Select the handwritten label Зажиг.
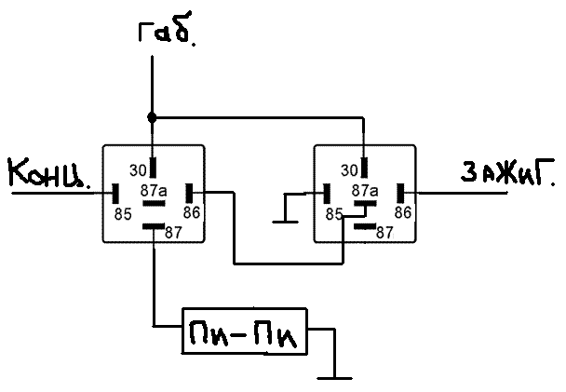(508, 172)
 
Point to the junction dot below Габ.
(152, 118)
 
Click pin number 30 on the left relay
(137, 169)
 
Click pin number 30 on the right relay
(349, 169)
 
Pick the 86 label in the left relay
(191, 212)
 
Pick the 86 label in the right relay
(403, 212)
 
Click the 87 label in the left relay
(172, 232)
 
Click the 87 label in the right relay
(384, 232)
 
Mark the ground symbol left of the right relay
(283, 220)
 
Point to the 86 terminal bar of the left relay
(189, 193)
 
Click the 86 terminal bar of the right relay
(401, 193)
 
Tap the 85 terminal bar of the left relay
(116, 193)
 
